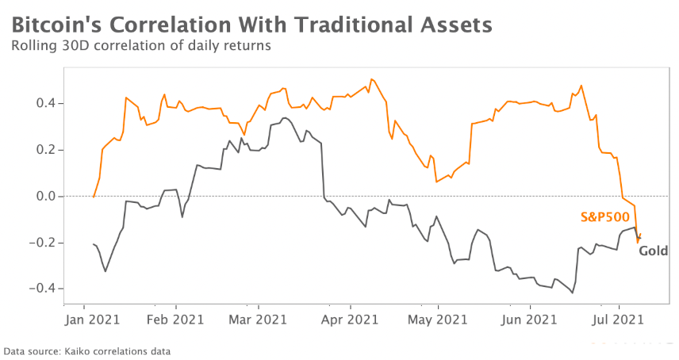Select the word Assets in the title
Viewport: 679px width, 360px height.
(455, 25)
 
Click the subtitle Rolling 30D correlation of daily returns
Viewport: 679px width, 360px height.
(141, 46)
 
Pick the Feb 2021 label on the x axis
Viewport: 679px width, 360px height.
(176, 320)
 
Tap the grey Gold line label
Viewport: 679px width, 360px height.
(654, 251)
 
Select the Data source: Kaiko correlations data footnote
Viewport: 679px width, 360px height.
(87, 350)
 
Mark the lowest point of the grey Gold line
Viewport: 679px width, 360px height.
(573, 293)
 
